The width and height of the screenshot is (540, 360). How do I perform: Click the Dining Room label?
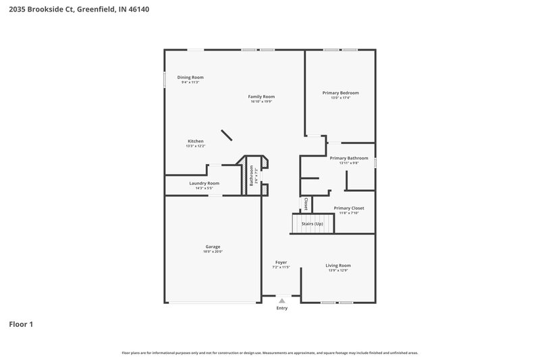pyautogui.click(x=190, y=78)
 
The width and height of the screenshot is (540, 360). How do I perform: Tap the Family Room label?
pyautogui.click(x=261, y=97)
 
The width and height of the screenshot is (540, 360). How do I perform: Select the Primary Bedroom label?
pyautogui.click(x=340, y=93)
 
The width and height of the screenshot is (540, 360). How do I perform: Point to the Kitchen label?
pyautogui.click(x=196, y=141)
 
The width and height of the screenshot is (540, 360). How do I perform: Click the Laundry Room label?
pyautogui.click(x=204, y=183)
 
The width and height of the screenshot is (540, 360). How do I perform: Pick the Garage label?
pyautogui.click(x=213, y=247)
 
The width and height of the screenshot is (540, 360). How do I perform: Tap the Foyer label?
pyautogui.click(x=281, y=262)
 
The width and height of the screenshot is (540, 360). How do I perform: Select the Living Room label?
pyautogui.click(x=338, y=265)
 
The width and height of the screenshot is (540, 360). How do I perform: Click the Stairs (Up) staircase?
pyautogui.click(x=312, y=224)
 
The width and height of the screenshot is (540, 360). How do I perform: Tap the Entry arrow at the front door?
pyautogui.click(x=281, y=301)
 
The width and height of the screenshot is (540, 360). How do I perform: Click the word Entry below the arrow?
pyautogui.click(x=281, y=308)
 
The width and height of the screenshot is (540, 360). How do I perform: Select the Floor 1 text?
pyautogui.click(x=21, y=324)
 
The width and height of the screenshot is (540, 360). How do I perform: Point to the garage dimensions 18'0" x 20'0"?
pyautogui.click(x=213, y=251)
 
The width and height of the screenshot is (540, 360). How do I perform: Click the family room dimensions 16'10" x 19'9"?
pyautogui.click(x=261, y=101)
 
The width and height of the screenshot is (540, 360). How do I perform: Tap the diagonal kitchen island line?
pyautogui.click(x=227, y=136)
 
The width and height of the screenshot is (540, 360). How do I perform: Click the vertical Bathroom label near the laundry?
pyautogui.click(x=251, y=176)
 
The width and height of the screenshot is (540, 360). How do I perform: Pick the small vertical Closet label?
pyautogui.click(x=305, y=203)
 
